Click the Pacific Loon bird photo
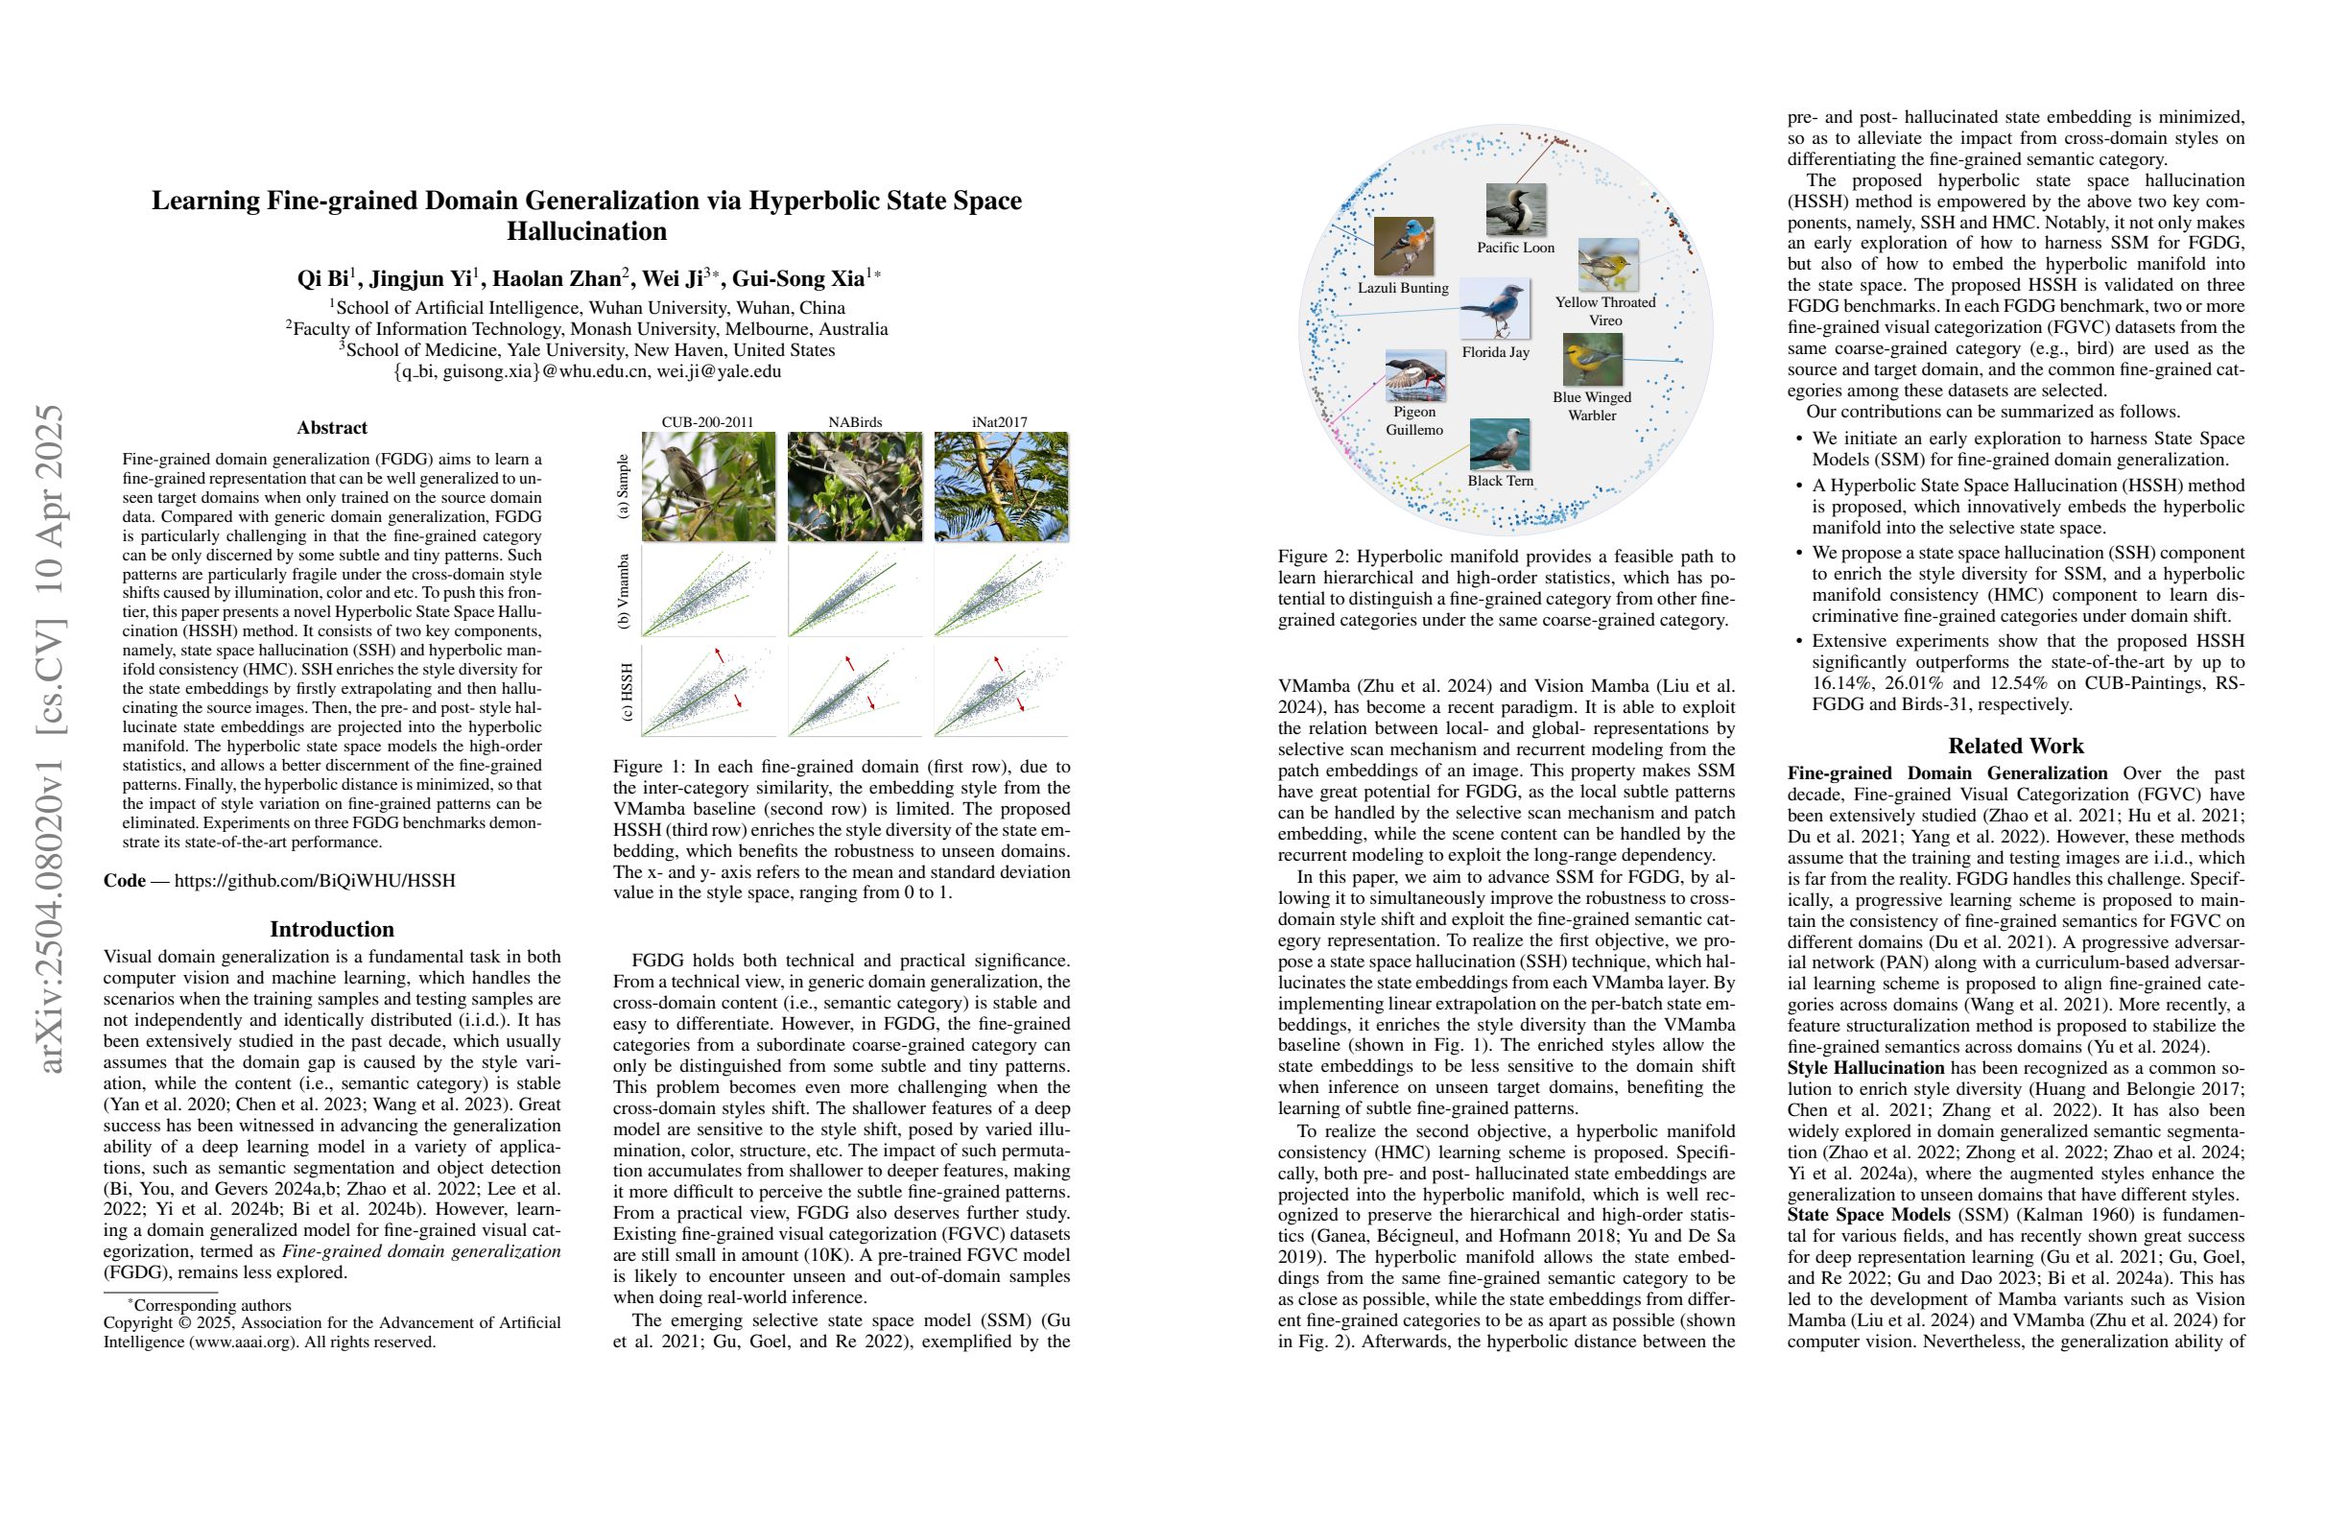[1515, 209]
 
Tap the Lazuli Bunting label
[1403, 288]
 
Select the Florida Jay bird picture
[1495, 309]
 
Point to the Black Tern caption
[1500, 481]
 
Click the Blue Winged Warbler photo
[1592, 360]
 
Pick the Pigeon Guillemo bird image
[1415, 376]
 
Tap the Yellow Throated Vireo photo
[1608, 265]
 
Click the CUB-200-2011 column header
[707, 422]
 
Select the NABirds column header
[855, 422]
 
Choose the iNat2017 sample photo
[1001, 487]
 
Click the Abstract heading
[332, 428]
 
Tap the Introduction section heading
[332, 929]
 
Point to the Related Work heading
[2015, 747]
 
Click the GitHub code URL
[315, 880]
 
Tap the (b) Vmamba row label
[623, 592]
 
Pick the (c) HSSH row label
[625, 692]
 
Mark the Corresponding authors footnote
[210, 1305]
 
